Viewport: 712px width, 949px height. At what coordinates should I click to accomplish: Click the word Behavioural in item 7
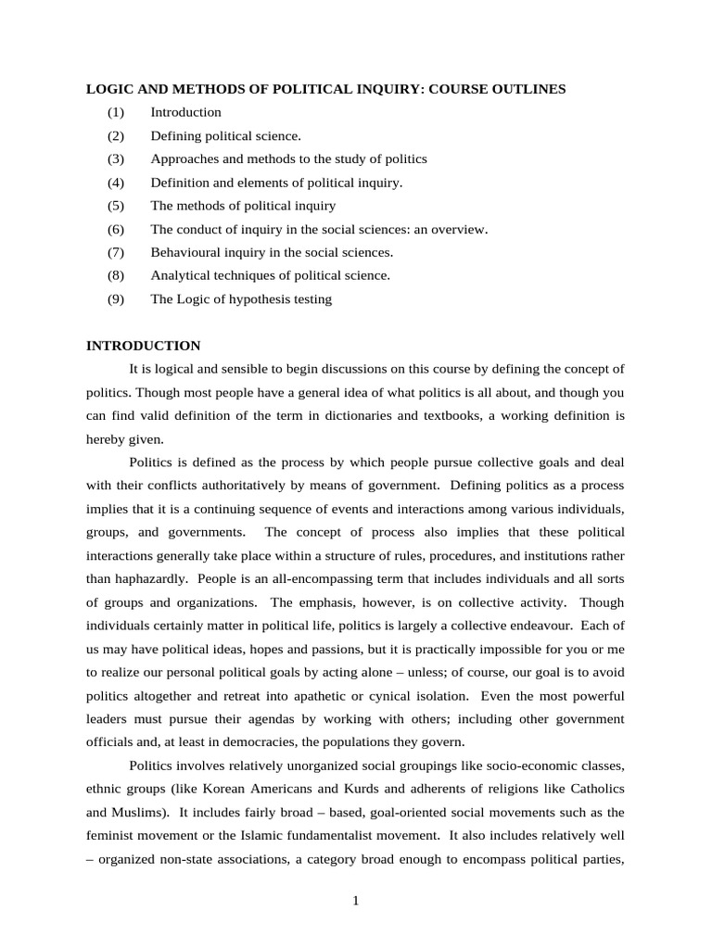(184, 252)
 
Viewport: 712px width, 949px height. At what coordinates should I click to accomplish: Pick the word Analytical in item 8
(181, 275)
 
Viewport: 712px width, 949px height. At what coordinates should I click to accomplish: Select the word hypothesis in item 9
(256, 299)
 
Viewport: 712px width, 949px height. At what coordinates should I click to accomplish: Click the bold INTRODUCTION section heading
(143, 346)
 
